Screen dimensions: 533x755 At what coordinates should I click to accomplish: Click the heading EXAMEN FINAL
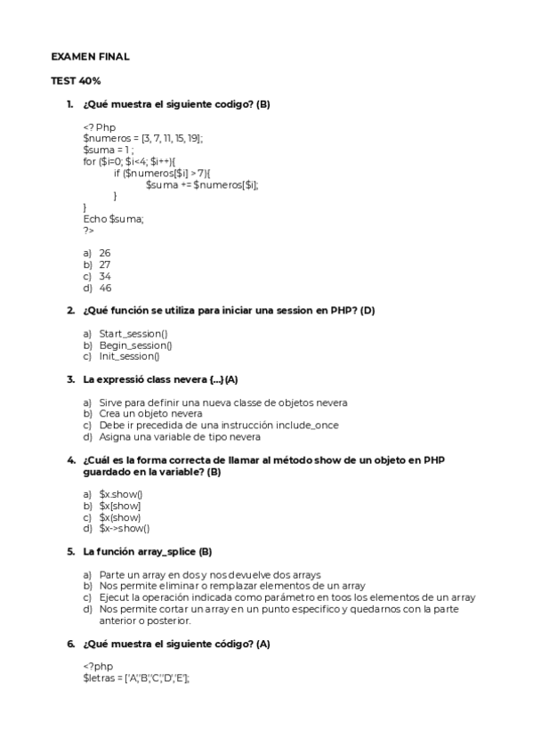(x=90, y=56)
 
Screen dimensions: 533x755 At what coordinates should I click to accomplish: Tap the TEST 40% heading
(x=76, y=80)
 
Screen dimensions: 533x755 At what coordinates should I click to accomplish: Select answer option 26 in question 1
(x=105, y=253)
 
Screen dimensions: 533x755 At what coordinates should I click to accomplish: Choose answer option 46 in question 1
(x=105, y=288)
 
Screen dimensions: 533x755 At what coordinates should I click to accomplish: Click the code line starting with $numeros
(x=142, y=138)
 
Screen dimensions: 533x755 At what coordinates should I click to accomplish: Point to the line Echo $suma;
(x=113, y=218)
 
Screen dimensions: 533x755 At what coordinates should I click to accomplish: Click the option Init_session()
(x=129, y=356)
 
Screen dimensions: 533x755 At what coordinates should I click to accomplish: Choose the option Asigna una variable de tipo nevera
(x=180, y=436)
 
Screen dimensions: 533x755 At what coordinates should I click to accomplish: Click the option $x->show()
(x=125, y=528)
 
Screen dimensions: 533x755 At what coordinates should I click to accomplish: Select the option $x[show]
(x=120, y=505)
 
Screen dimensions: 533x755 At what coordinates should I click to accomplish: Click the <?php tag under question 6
(x=98, y=666)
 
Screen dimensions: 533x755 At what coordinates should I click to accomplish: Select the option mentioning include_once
(x=219, y=425)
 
